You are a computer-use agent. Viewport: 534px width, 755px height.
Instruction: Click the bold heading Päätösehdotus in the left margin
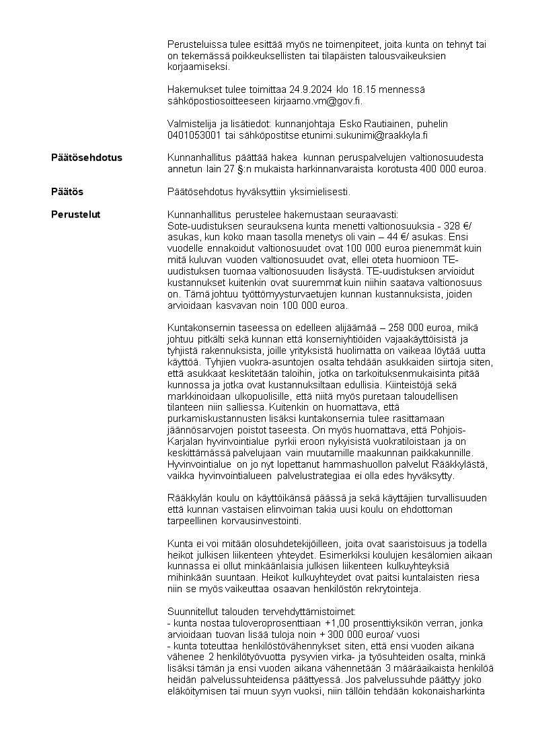coord(87,157)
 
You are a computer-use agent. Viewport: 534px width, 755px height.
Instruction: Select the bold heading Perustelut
coord(76,215)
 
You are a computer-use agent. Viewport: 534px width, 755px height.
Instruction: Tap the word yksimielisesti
coord(321,192)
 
